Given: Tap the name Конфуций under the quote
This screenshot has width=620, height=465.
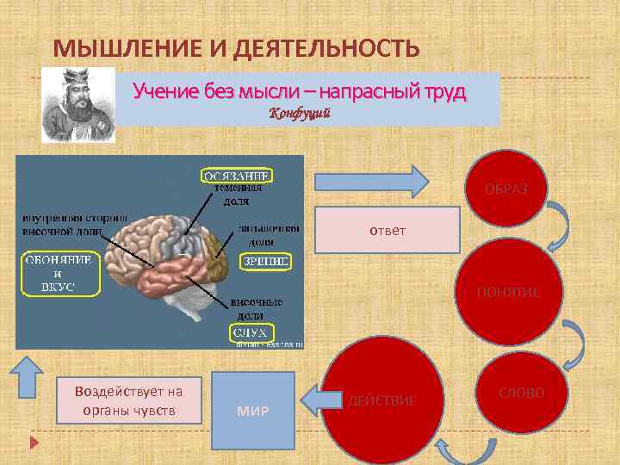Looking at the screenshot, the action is pyautogui.click(x=301, y=114).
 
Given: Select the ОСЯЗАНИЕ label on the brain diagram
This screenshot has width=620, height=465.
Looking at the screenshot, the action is pyautogui.click(x=238, y=176).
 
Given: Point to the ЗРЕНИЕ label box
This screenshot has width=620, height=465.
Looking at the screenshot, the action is pyautogui.click(x=265, y=260).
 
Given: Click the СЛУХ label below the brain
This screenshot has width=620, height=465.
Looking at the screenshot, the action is pyautogui.click(x=251, y=332).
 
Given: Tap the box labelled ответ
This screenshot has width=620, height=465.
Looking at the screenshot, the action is pyautogui.click(x=387, y=230).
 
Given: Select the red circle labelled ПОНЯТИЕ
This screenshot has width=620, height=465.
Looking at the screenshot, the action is pyautogui.click(x=508, y=292).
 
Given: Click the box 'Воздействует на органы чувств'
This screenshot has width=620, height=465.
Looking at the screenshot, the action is pyautogui.click(x=128, y=400).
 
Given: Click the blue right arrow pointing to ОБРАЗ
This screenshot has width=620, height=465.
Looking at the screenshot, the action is pyautogui.click(x=370, y=181).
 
